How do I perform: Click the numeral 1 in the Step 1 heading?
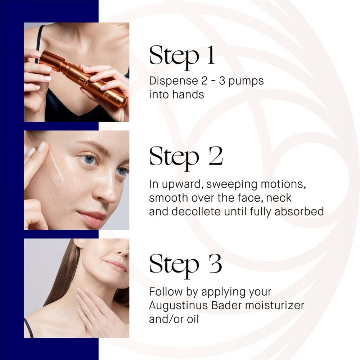tap(211, 55)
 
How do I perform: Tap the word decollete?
tap(196, 211)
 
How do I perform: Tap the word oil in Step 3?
tap(193, 319)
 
